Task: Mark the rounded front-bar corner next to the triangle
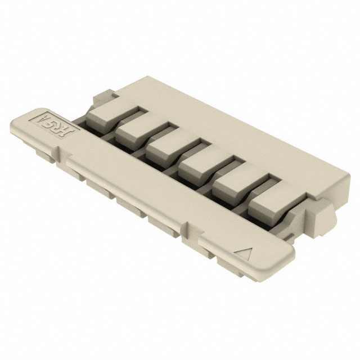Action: click(284, 260)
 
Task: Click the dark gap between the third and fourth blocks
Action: click(179, 169)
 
